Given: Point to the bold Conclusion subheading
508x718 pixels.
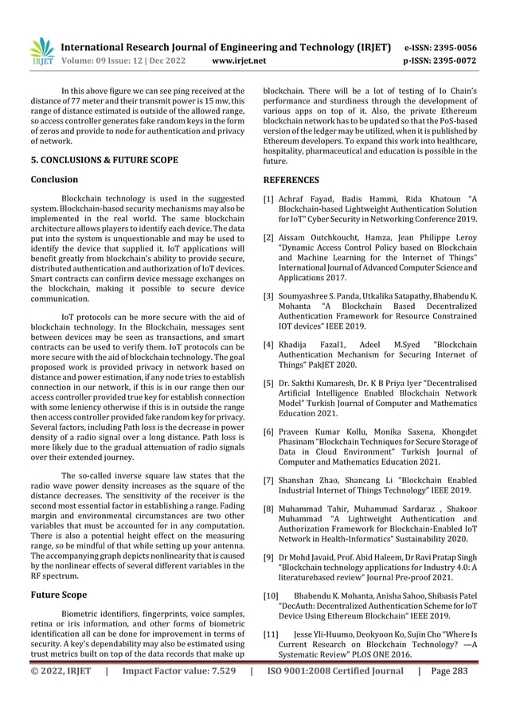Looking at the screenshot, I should [x=53, y=180].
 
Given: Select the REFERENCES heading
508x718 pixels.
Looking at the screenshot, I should [x=291, y=180].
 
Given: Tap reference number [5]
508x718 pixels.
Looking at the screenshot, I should [x=269, y=384].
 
